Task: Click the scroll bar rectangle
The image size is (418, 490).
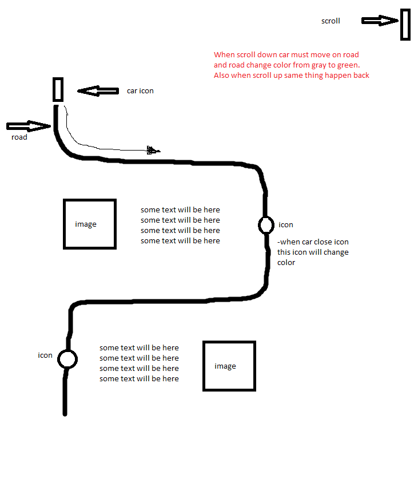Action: click(x=405, y=25)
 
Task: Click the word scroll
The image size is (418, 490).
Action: click(x=331, y=21)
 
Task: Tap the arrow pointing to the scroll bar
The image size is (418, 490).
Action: click(x=380, y=21)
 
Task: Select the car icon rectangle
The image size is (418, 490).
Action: click(x=58, y=89)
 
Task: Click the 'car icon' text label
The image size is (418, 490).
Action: click(x=140, y=91)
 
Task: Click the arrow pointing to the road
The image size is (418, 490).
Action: click(x=29, y=126)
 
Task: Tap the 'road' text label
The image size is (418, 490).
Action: click(x=19, y=137)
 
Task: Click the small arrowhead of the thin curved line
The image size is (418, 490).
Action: click(x=153, y=151)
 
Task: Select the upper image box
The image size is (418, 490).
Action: click(x=90, y=224)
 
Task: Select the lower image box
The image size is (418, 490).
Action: click(x=229, y=366)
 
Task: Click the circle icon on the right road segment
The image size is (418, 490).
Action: click(x=266, y=225)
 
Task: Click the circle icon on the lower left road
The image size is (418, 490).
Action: click(x=67, y=359)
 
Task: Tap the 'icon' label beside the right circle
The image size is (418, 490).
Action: click(x=286, y=225)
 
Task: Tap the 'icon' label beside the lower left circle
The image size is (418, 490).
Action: click(x=45, y=355)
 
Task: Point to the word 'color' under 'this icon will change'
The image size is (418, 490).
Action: click(x=286, y=263)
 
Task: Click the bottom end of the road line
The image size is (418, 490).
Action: click(x=65, y=412)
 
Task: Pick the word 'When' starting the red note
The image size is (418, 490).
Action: click(x=224, y=55)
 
